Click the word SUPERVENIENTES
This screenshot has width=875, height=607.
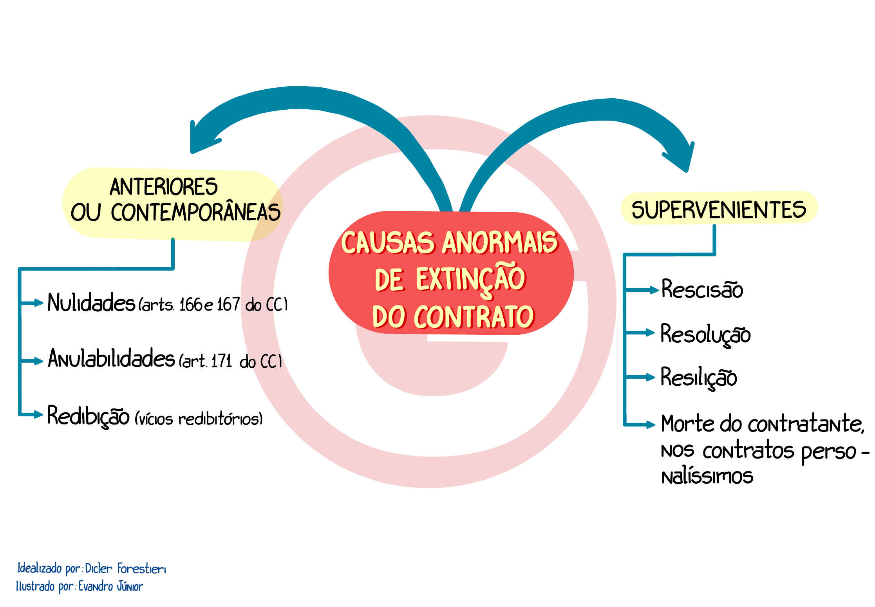click(719, 210)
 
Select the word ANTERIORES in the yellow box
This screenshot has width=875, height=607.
click(163, 187)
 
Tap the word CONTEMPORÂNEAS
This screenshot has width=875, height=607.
click(195, 213)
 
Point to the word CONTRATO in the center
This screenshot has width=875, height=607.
click(474, 316)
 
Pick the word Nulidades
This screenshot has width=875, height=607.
click(91, 303)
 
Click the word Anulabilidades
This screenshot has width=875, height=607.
click(111, 358)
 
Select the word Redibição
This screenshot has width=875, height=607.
click(88, 416)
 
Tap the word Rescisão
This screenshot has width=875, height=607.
click(702, 290)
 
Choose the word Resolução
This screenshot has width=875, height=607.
click(705, 334)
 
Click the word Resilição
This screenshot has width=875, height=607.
click(699, 378)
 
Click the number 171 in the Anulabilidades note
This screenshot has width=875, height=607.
click(222, 361)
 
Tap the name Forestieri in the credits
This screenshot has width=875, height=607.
click(141, 569)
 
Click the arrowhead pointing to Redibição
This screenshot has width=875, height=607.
click(38, 414)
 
